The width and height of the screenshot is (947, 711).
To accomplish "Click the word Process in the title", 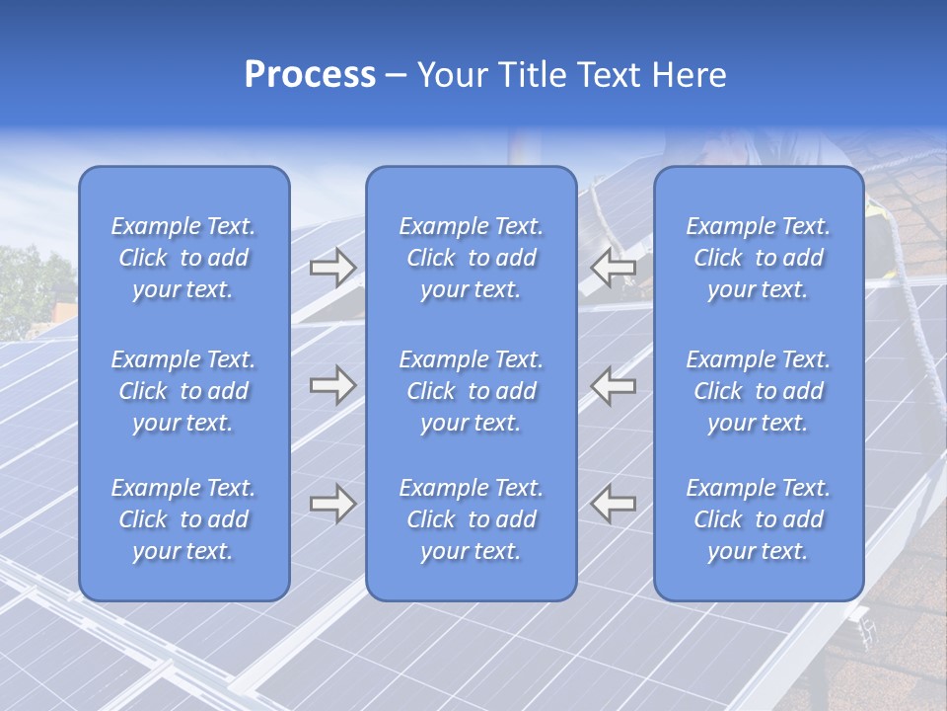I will coord(310,75).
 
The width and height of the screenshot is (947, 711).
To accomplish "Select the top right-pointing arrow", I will coord(332,268).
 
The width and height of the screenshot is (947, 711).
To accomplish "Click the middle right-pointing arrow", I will coord(332,385).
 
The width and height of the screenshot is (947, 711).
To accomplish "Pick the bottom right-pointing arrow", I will coord(332,504).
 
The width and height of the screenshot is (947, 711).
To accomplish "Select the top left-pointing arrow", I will coord(614,268).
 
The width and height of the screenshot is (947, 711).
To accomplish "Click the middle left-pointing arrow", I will coord(614,385).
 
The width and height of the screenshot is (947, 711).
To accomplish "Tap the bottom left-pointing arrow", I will coord(614,504).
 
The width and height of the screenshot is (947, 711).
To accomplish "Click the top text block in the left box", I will coord(183,258).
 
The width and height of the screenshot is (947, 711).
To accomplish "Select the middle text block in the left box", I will coord(183,391).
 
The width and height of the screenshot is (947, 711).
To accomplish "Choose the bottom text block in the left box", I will coord(183,519).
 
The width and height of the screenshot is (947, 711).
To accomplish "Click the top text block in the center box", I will coord(471,258).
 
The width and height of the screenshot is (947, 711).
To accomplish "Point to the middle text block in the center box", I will coord(471,391).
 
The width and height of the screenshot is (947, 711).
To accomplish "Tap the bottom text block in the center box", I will coord(471,519).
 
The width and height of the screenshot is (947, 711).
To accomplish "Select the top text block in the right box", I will coord(758,258).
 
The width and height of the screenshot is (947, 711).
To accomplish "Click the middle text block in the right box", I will coord(758,391).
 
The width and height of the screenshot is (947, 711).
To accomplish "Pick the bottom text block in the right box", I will coord(758,519).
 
